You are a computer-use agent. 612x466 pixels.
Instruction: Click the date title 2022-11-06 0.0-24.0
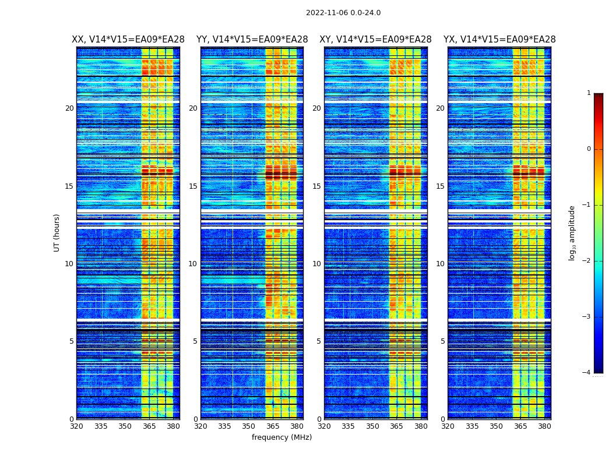pos(343,13)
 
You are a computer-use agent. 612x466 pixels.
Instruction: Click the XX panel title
pos(128,40)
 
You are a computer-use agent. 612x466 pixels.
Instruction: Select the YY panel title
pos(252,40)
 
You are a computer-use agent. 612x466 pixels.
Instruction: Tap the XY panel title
pos(375,40)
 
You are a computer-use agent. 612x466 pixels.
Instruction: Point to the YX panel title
pos(500,40)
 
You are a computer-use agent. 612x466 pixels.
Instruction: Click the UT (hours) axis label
pos(57,232)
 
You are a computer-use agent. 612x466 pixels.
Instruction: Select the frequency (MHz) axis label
pos(282,437)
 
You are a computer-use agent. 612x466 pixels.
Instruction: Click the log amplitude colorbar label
pos(572,232)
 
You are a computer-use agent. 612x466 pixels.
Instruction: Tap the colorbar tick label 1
pos(589,93)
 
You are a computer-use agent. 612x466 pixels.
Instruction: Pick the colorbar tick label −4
pos(587,373)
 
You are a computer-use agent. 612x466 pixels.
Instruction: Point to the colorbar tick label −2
pos(587,261)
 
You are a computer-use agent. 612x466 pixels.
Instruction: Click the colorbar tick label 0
pos(589,149)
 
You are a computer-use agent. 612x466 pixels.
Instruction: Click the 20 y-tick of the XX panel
pos(69,108)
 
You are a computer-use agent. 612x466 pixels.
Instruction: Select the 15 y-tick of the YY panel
pos(193,186)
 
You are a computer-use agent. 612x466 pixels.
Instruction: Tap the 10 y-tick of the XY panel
pos(316,264)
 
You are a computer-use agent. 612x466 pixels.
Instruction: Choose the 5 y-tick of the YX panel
pos(442,341)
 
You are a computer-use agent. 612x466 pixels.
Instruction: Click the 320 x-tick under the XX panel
pos(76,426)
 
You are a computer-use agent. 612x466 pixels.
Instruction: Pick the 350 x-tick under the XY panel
pos(372,426)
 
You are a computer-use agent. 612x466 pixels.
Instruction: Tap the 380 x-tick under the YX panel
pos(544,426)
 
